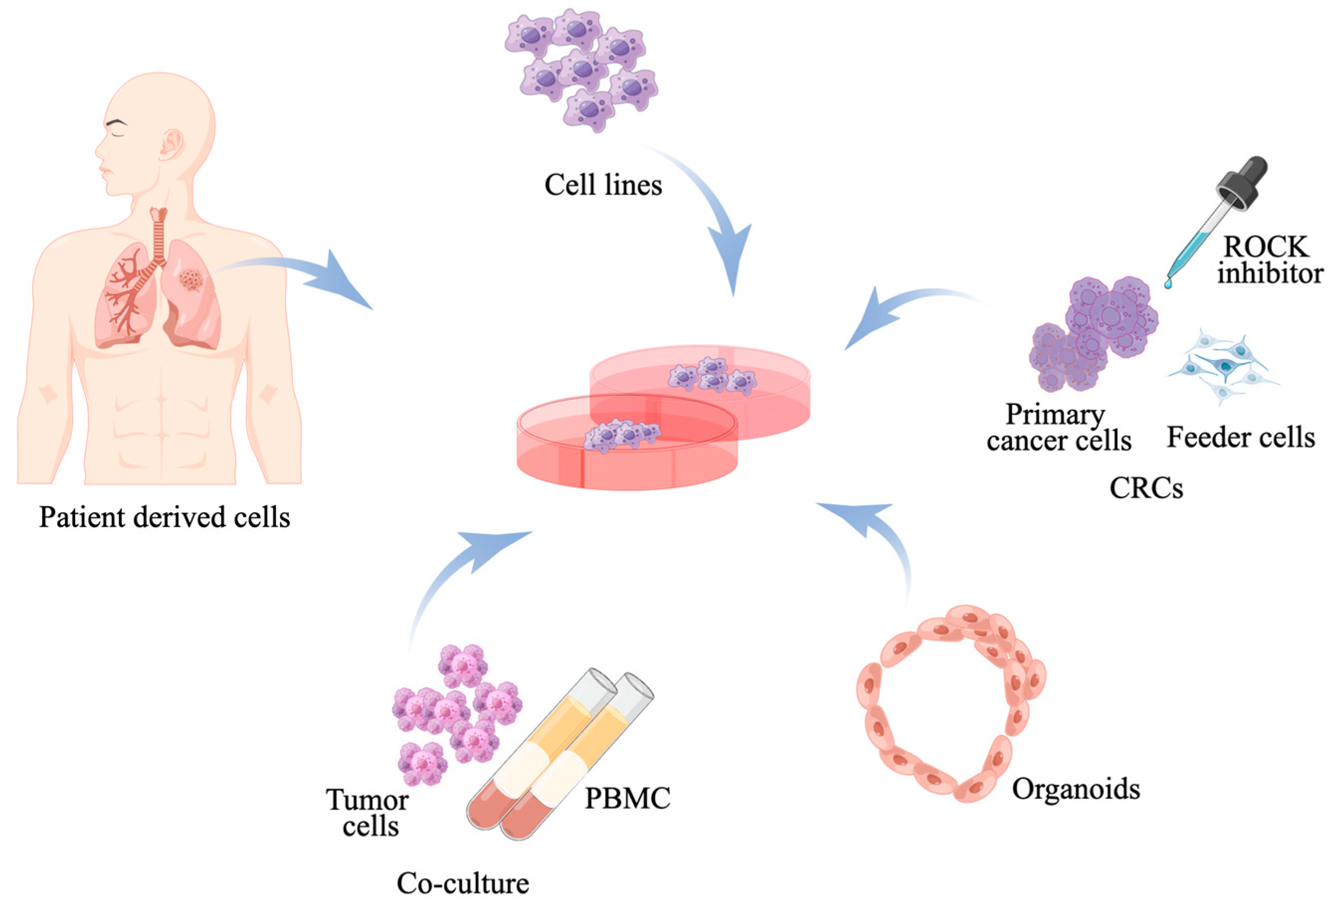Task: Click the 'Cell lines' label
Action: point(603,185)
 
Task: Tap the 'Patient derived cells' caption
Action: point(165,517)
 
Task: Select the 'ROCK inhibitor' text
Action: point(1269,260)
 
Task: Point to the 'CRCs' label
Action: point(1146,488)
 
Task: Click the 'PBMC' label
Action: point(627,799)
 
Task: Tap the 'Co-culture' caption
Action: point(462,883)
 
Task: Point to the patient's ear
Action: point(172,144)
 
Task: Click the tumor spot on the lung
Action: point(190,280)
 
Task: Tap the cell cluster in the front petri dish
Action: point(622,435)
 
